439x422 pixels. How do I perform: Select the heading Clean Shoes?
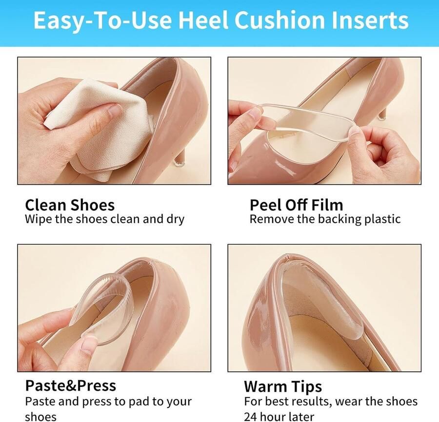70,205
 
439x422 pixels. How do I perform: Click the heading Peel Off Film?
296,205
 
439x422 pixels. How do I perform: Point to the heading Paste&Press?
71,385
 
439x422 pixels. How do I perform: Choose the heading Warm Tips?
283,387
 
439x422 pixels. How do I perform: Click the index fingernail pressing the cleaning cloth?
115,110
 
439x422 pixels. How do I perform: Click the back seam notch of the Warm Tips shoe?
286,256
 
